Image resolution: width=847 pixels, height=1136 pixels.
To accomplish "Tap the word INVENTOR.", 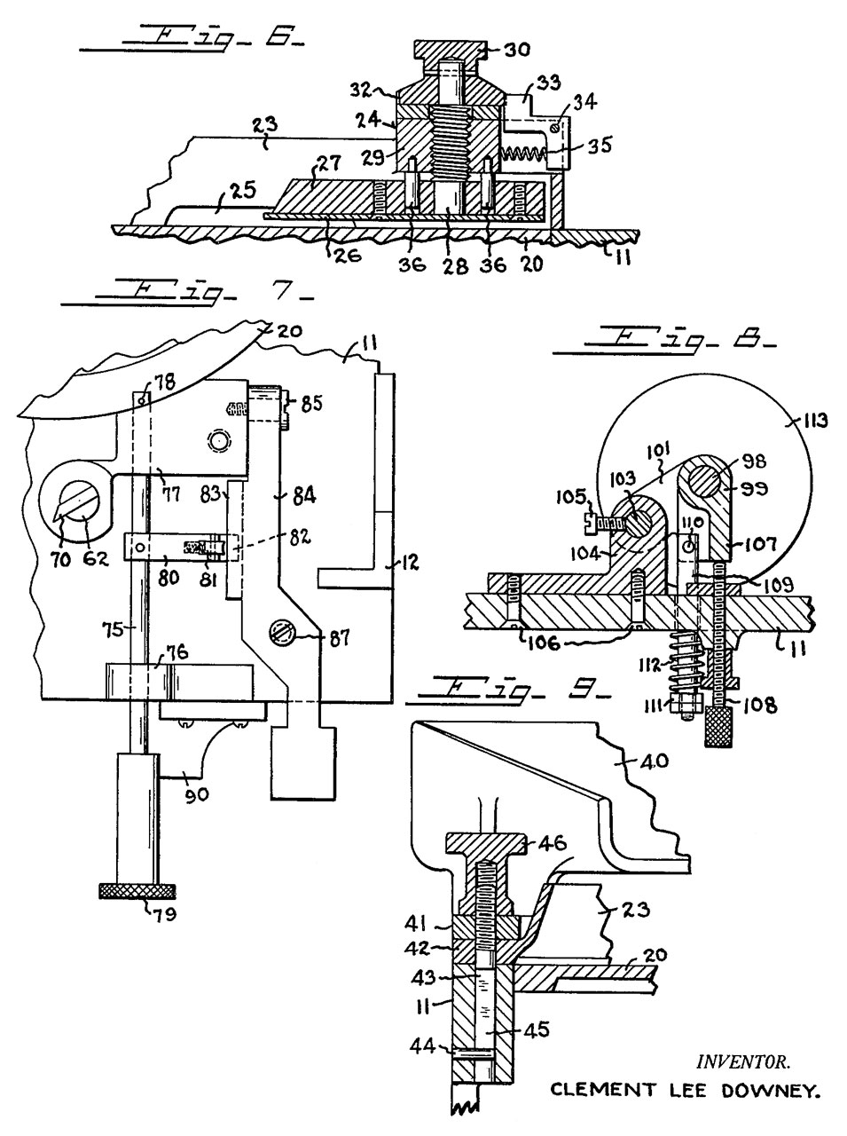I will coord(742,1060).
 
